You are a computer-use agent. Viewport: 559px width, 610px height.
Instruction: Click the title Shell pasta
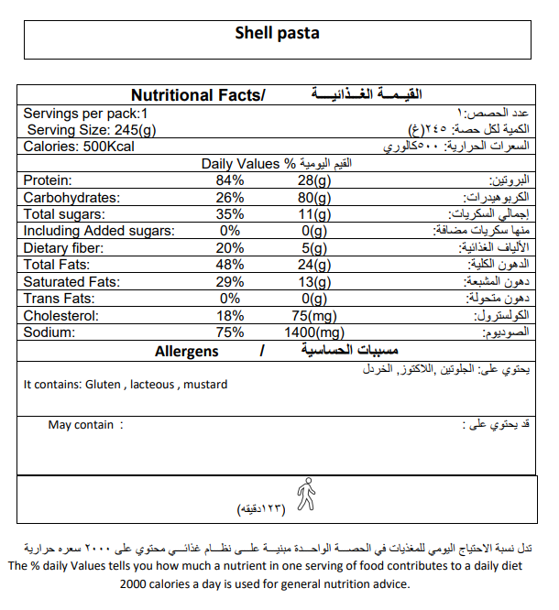click(x=277, y=34)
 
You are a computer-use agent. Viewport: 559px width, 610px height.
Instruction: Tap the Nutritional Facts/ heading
click(x=198, y=95)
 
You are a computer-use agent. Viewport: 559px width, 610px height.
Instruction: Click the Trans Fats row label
click(x=59, y=299)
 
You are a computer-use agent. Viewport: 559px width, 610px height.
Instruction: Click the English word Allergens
click(x=187, y=352)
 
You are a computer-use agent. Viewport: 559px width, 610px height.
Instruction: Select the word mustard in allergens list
click(x=205, y=385)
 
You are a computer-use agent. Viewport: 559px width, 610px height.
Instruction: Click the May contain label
click(x=81, y=425)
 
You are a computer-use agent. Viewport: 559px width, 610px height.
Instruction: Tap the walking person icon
click(x=306, y=496)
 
